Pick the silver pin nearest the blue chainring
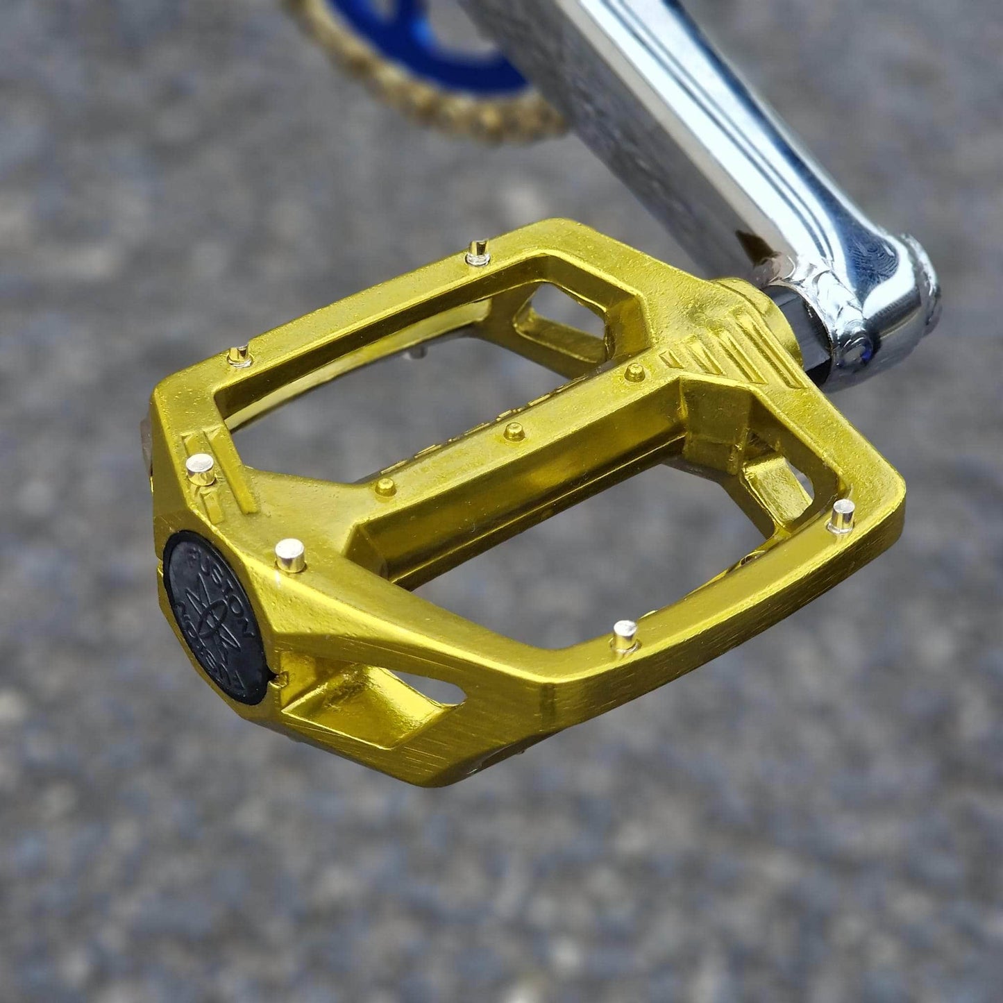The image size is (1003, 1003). [477, 251]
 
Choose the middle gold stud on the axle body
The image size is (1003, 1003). [513, 431]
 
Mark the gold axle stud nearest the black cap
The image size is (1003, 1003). [384, 485]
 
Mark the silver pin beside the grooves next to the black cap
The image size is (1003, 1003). [201, 469]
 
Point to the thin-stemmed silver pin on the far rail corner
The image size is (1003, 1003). [237, 356]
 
